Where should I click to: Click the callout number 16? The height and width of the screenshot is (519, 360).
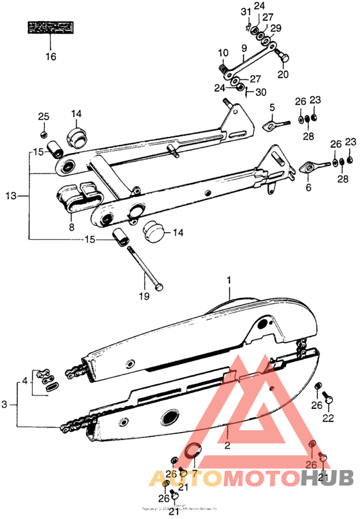(x=50, y=56)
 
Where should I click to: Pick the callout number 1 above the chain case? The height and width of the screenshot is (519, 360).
(x=228, y=281)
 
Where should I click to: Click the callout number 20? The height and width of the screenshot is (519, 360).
(x=283, y=74)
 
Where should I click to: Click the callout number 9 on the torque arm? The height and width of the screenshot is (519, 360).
(x=244, y=48)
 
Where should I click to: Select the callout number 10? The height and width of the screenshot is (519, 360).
(x=222, y=52)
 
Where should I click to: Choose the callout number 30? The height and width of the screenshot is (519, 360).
(x=260, y=91)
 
